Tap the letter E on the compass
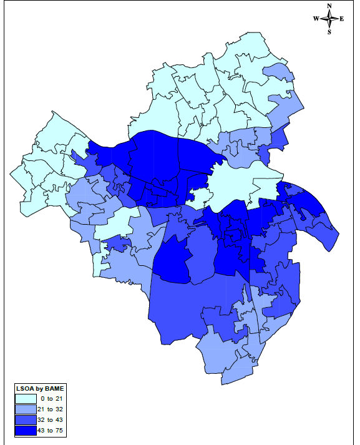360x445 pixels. coord(342,19)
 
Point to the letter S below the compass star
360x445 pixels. coord(329,32)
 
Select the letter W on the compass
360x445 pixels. coord(316,19)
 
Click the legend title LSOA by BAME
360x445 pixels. coord(40,389)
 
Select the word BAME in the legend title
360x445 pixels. coord(54,389)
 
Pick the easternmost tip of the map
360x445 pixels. coord(337,235)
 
